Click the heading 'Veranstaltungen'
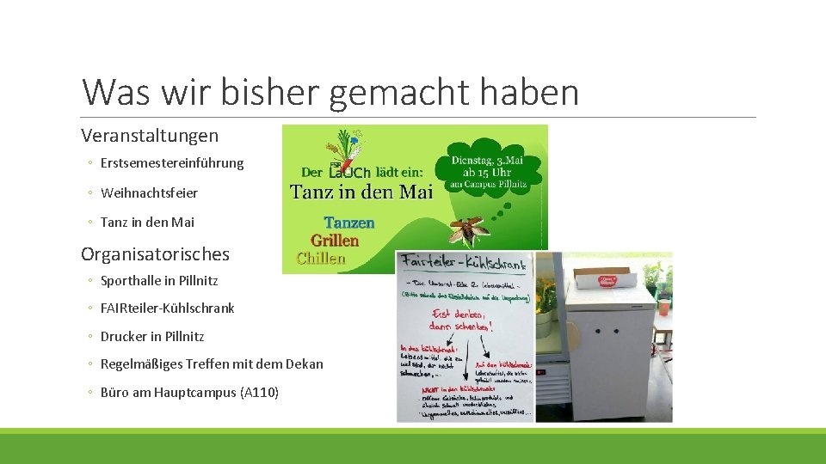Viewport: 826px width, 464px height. pyautogui.click(x=150, y=136)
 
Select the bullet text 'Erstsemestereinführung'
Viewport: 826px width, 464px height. pyautogui.click(x=172, y=163)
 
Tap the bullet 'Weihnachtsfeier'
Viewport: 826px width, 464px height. pyautogui.click(x=149, y=193)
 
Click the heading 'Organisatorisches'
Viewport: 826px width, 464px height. pyautogui.click(x=155, y=254)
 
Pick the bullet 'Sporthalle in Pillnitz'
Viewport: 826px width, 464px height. pyautogui.click(x=159, y=281)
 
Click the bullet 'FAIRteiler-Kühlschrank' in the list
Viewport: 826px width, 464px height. pyautogui.click(x=167, y=308)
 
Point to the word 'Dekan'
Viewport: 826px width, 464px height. pyautogui.click(x=305, y=364)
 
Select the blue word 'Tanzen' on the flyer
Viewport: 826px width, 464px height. pyautogui.click(x=349, y=223)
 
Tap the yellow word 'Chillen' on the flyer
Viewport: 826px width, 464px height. pyautogui.click(x=321, y=258)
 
